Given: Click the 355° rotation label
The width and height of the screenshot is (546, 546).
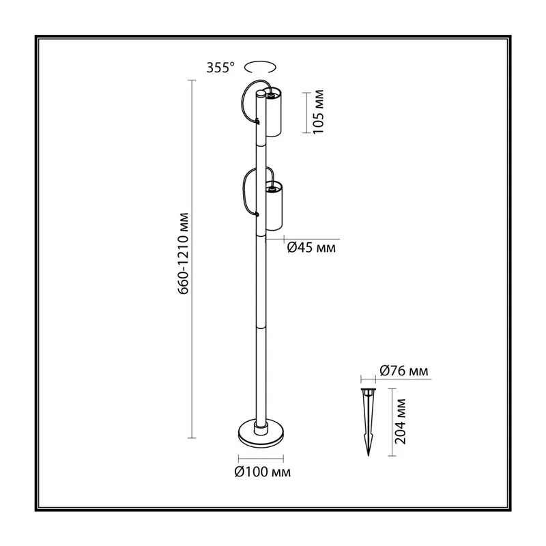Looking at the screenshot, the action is (220, 68).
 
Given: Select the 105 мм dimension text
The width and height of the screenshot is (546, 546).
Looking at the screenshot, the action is (318, 112).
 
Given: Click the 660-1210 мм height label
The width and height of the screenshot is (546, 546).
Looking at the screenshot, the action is (183, 253).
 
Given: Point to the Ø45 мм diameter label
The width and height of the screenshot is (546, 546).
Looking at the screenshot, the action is (311, 248).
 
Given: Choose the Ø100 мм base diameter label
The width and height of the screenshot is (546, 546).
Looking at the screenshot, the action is (263, 472).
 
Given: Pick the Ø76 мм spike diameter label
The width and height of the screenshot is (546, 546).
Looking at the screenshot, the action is (404, 371).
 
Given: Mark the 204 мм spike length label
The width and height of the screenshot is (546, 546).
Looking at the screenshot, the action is (401, 421).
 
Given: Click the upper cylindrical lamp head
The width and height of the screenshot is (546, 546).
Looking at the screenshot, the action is (273, 113).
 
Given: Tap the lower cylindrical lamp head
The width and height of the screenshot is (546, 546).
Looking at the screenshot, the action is (274, 206).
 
